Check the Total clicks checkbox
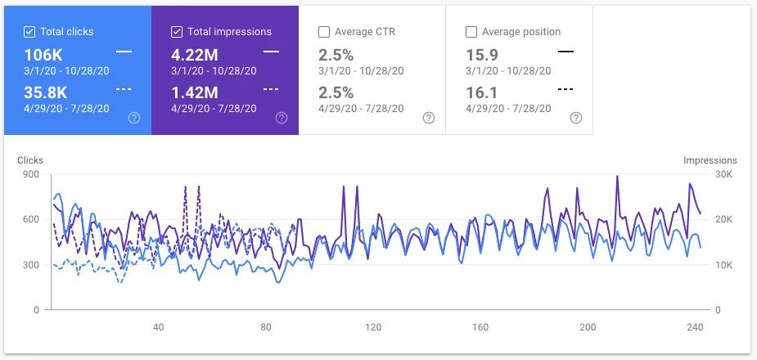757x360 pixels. (x=29, y=32)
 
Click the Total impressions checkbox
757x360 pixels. (x=177, y=32)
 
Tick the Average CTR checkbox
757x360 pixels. (x=323, y=32)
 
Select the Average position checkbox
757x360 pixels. (x=471, y=32)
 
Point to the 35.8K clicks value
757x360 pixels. (x=46, y=92)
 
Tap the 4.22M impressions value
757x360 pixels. (x=194, y=55)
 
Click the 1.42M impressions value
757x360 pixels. (x=194, y=92)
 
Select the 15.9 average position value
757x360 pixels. (x=480, y=55)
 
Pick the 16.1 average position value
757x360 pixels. (x=480, y=92)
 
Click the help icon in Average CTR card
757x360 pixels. (x=429, y=118)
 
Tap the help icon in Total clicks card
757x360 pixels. (x=134, y=118)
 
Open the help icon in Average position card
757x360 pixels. (x=576, y=118)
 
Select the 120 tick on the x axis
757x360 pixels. (x=373, y=327)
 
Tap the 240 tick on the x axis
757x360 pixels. (x=695, y=327)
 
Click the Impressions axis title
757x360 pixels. (x=710, y=160)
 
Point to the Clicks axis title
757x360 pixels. (x=30, y=160)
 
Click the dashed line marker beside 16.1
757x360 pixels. (x=565, y=88)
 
